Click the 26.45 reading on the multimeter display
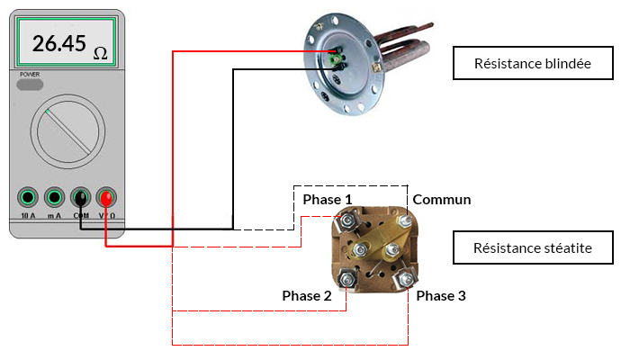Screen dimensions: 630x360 (59, 43)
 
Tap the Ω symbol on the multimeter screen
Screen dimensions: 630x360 (101, 53)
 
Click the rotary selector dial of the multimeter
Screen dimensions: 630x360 (67, 131)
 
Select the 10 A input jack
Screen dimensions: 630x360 (28, 197)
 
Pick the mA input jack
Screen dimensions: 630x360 (54, 197)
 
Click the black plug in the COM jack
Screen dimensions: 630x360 (81, 198)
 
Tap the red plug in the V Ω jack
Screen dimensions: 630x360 (106, 198)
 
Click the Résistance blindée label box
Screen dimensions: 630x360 (533, 63)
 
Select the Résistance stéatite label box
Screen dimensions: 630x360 (533, 247)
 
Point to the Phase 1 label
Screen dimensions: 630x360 (327, 199)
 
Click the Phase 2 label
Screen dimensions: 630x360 (307, 296)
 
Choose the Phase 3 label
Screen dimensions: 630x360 (441, 296)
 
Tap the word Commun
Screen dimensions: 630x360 (442, 200)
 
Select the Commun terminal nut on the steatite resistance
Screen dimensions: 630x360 (404, 220)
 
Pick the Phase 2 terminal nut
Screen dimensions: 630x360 (346, 278)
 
